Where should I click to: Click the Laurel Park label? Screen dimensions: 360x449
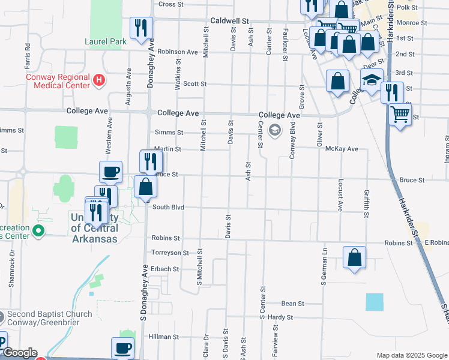106,42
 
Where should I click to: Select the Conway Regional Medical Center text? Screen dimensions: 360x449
58,81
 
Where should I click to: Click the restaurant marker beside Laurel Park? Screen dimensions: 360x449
142,28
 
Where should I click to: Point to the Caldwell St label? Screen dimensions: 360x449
229,20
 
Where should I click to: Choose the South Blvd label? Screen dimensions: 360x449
167,208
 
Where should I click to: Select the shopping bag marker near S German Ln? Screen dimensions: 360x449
354,257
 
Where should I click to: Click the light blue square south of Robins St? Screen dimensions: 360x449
373,302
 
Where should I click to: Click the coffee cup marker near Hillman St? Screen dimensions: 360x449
123,348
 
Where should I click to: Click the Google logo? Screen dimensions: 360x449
20,353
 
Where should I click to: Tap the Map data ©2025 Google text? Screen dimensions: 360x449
411,355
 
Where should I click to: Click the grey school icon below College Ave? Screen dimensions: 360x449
275,130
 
